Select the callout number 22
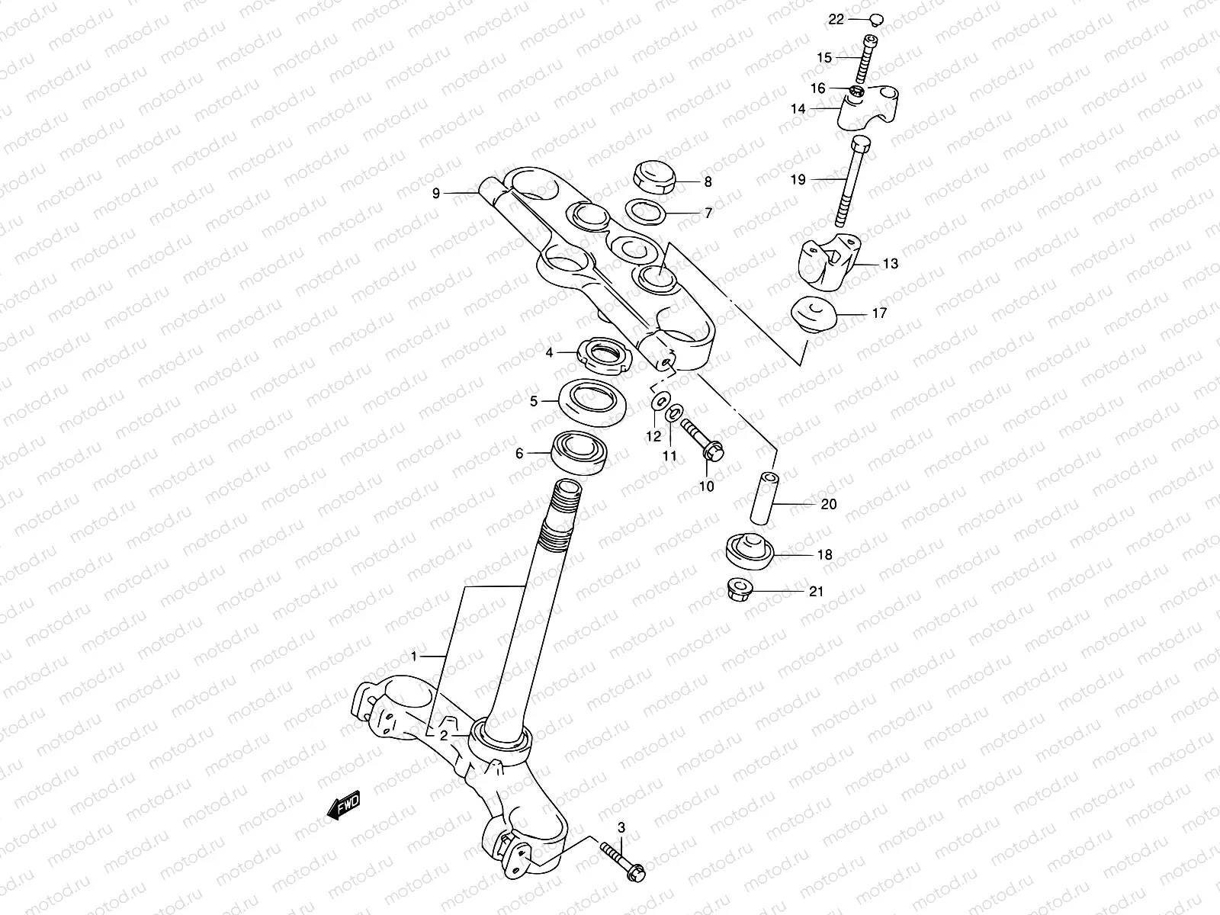tap(836, 20)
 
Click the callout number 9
tap(436, 194)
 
